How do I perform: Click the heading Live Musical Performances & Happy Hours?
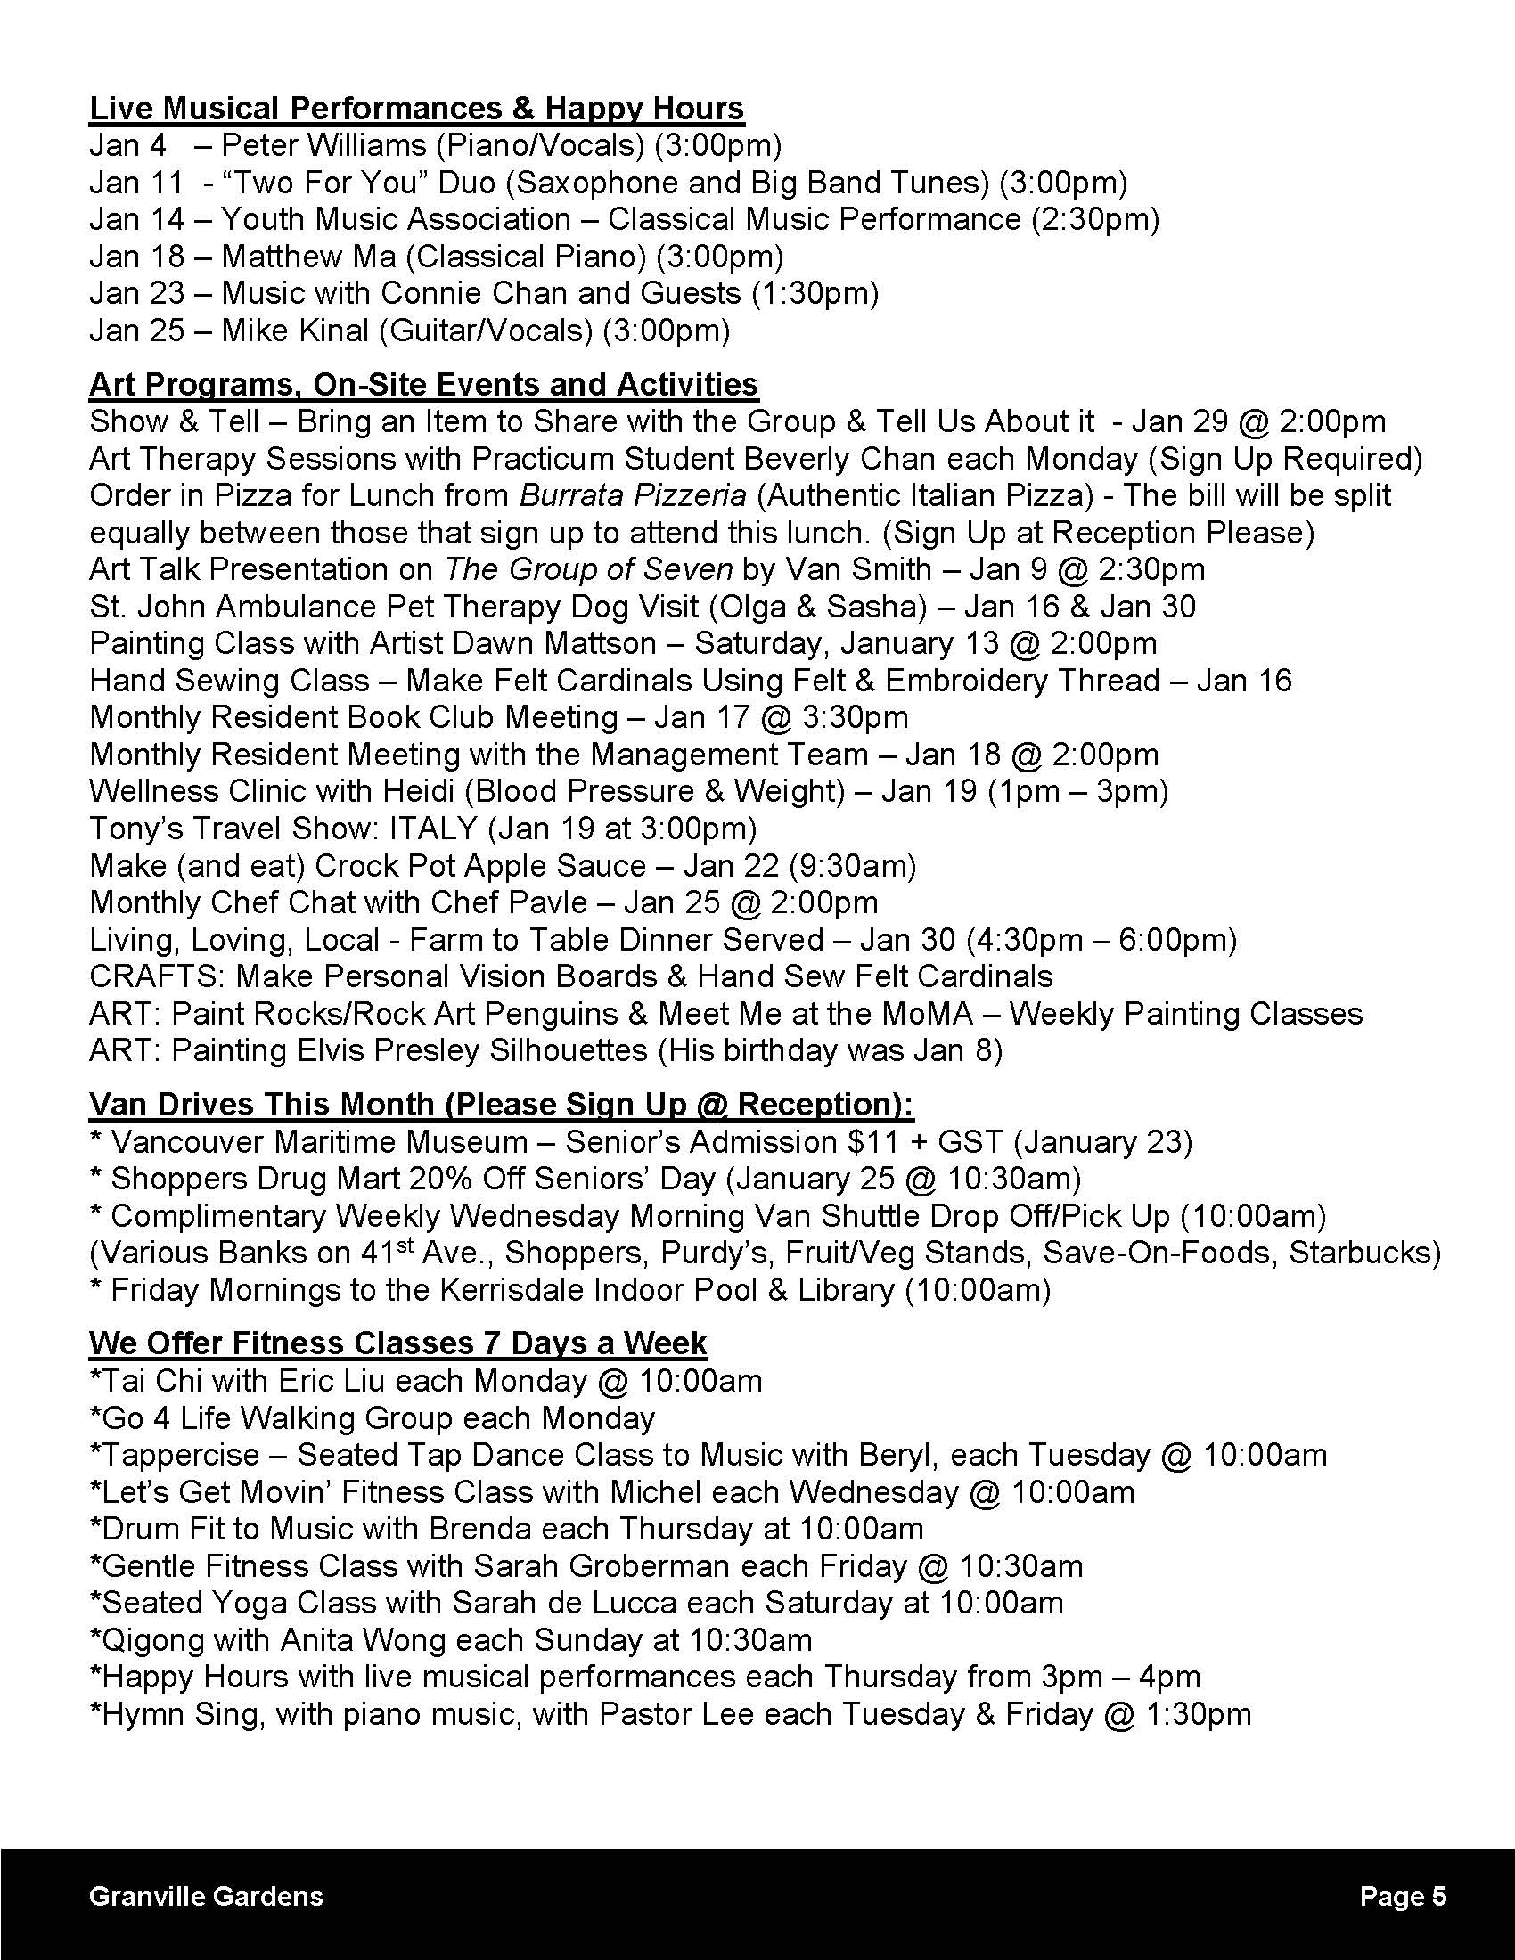point(416,109)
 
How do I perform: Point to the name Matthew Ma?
point(307,257)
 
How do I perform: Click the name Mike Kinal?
point(295,331)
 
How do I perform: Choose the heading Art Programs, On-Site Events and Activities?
point(423,384)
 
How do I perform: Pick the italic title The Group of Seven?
point(589,569)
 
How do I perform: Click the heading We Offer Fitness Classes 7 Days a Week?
point(397,1343)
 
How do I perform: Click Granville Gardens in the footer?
point(207,1896)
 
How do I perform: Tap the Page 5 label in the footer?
point(1403,1896)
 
